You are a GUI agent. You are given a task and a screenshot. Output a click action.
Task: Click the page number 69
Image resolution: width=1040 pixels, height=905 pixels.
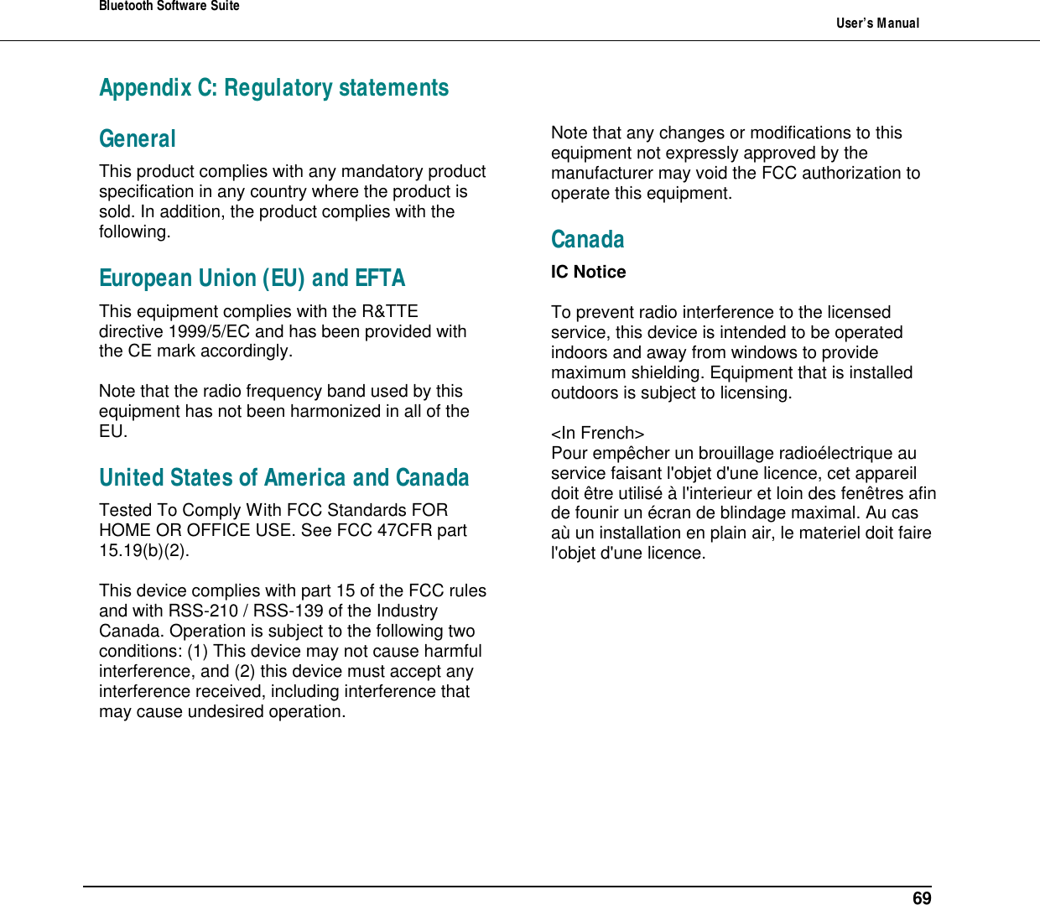(921, 898)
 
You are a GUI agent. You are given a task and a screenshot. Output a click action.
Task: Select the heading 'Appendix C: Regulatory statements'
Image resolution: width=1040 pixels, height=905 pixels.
(273, 88)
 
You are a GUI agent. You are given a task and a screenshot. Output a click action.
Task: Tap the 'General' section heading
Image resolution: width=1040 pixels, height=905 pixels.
(138, 139)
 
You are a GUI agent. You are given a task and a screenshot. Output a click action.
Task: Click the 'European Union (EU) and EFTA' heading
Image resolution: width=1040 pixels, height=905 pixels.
(252, 278)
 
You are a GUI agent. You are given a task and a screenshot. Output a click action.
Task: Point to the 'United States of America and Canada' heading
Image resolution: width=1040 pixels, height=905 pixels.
(283, 478)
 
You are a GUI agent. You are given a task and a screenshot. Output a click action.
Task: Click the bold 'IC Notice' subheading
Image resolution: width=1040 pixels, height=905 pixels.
(588, 272)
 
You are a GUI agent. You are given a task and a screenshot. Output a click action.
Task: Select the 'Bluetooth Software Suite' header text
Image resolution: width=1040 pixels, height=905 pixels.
(169, 7)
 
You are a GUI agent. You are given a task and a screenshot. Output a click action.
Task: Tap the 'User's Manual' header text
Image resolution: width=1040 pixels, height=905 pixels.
(877, 23)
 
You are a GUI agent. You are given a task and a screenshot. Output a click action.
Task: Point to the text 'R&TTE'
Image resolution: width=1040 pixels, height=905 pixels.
(389, 311)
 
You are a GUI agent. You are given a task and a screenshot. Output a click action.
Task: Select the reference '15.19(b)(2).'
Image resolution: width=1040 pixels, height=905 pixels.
(144, 550)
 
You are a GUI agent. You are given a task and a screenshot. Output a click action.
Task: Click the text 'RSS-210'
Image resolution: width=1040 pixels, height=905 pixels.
(203, 611)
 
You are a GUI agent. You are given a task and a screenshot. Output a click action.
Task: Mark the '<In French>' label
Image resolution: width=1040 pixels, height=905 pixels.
(597, 433)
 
